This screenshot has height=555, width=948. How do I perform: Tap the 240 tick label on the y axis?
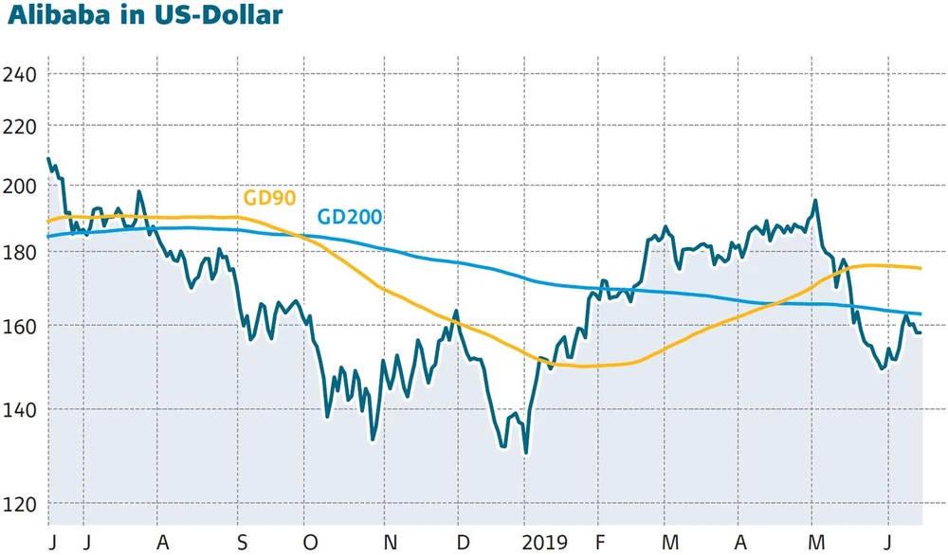[x=21, y=73]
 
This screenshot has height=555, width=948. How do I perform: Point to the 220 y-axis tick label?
[x=21, y=125]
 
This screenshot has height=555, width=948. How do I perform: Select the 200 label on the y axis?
[x=21, y=186]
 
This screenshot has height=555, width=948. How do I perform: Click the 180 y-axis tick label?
[x=21, y=253]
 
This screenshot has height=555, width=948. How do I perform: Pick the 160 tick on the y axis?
[x=21, y=326]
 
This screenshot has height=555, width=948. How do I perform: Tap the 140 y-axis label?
[x=21, y=409]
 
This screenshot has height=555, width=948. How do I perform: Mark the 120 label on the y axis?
[x=21, y=503]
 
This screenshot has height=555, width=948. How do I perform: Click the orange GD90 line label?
[x=270, y=198]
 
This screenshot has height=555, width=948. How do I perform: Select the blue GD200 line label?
[x=349, y=218]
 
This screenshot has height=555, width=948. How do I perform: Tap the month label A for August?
[x=161, y=542]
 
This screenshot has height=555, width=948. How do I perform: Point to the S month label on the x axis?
[x=242, y=542]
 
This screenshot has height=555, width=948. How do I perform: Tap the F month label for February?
[x=599, y=542]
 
